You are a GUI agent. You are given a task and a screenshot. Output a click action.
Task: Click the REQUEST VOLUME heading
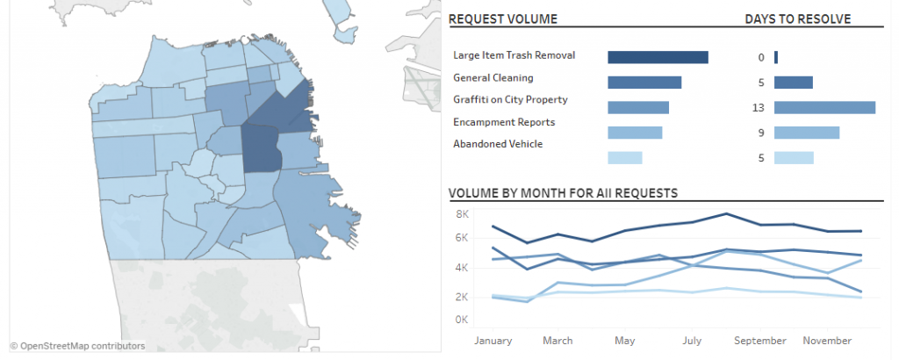[503, 19]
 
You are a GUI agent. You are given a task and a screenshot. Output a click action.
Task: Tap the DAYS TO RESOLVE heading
[797, 19]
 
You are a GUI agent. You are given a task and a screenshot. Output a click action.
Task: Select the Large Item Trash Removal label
[514, 55]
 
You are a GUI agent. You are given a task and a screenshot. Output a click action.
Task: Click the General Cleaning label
[493, 77]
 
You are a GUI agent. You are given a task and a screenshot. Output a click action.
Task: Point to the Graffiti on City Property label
[510, 100]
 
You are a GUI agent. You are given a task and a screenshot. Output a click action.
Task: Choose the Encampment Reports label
[504, 122]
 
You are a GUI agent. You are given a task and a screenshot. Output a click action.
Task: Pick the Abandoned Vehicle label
[498, 144]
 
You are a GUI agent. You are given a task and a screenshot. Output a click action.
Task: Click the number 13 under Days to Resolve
[759, 108]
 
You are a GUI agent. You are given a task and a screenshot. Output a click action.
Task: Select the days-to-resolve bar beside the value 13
[824, 108]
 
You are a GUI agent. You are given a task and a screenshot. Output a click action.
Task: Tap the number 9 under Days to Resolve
[761, 133]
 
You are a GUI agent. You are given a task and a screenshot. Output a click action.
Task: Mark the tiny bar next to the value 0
[776, 57]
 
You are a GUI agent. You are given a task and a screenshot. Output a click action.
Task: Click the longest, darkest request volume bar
[658, 57]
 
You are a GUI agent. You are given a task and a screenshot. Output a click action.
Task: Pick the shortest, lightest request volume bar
[625, 158]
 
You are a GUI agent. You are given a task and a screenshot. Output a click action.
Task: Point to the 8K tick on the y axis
[463, 214]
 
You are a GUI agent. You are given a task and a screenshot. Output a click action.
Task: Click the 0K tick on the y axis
[462, 320]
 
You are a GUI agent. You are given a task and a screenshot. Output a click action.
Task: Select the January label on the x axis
[493, 341]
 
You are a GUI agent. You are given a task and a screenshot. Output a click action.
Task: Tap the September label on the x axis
[760, 341]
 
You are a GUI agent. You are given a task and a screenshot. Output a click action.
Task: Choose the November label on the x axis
[827, 341]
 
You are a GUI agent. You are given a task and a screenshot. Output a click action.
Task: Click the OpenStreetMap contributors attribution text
[77, 346]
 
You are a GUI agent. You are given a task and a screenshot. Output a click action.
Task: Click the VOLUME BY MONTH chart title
[563, 193]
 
